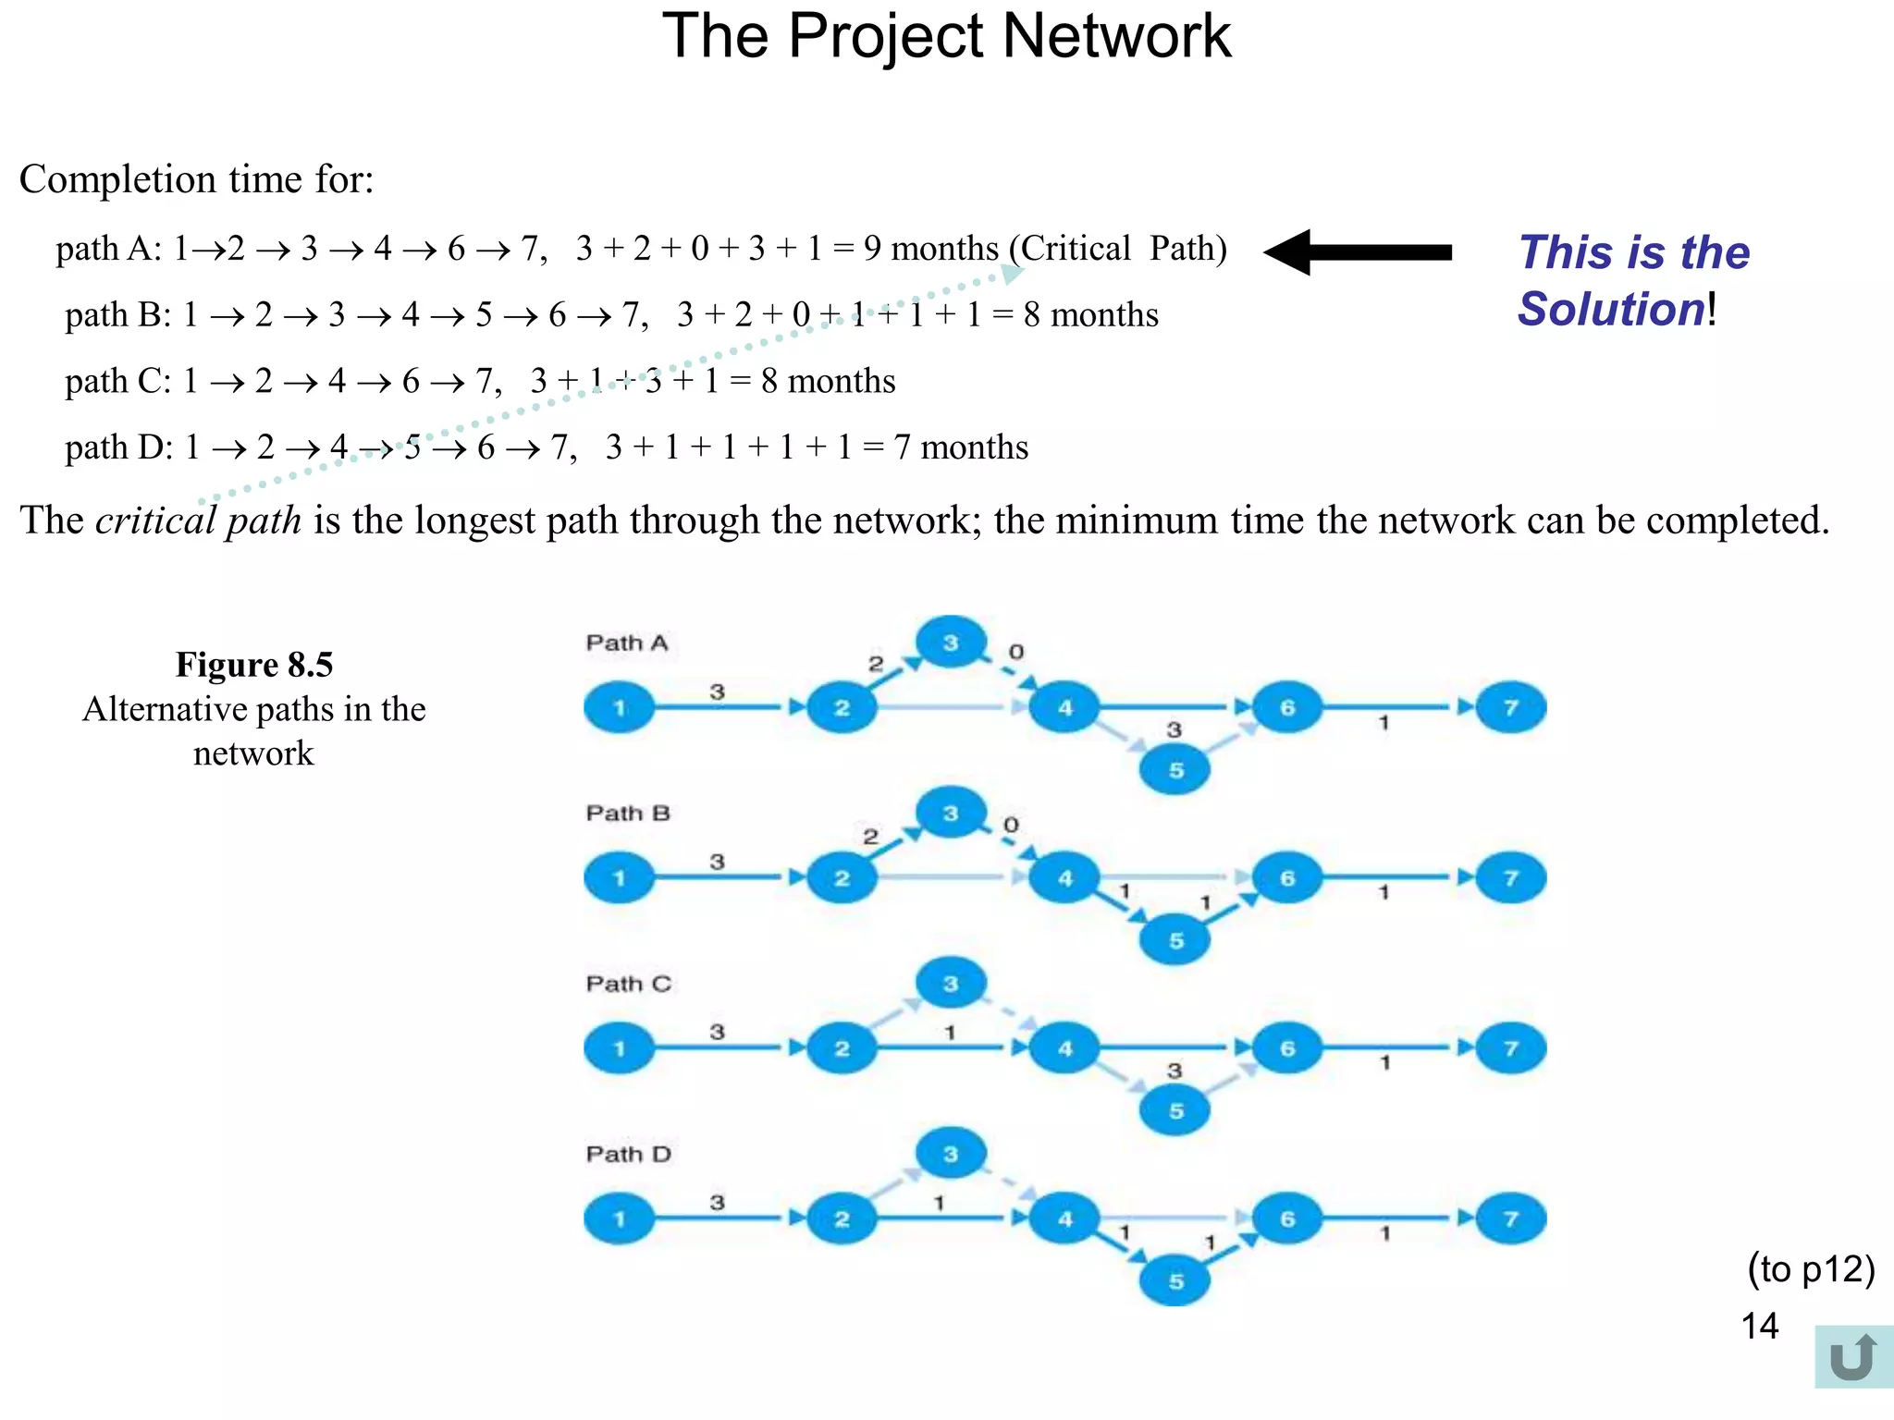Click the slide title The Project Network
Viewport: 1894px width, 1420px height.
(946, 37)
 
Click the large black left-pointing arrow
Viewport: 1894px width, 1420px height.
(1357, 252)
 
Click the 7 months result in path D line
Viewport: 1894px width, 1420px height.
(961, 447)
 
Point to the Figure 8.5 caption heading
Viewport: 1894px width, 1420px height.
(254, 665)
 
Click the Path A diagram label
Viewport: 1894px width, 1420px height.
(626, 643)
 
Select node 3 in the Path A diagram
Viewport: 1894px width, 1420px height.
(951, 643)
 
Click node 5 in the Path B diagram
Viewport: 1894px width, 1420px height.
(1175, 940)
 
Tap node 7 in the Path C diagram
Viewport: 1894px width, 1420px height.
(1511, 1048)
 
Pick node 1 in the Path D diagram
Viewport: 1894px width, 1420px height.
(619, 1218)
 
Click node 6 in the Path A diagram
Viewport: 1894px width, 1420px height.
(1287, 708)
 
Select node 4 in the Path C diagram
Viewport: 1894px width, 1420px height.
(1065, 1048)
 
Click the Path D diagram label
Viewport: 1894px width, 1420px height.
(628, 1154)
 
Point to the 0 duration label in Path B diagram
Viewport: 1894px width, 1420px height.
(1011, 824)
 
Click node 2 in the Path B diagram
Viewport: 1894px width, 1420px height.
(842, 878)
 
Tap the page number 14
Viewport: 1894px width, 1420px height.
(1759, 1326)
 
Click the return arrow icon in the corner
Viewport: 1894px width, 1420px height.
(1852, 1357)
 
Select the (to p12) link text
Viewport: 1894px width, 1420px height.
(1810, 1268)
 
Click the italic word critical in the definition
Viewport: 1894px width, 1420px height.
(155, 520)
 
